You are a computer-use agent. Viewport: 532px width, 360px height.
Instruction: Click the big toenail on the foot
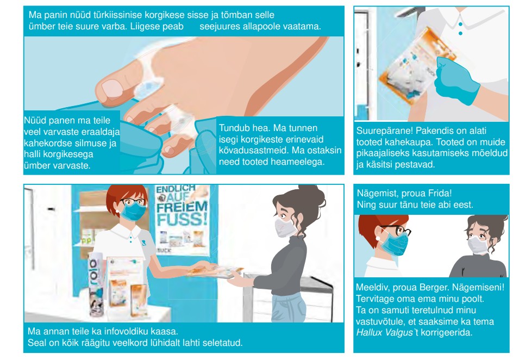tap(112, 89)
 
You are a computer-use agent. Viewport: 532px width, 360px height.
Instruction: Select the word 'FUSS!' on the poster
tap(182, 219)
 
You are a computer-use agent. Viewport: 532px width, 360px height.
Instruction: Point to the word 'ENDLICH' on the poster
tap(176, 189)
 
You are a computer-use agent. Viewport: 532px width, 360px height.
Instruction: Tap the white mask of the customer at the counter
tap(285, 227)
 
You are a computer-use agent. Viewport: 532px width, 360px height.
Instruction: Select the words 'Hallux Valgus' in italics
tap(384, 332)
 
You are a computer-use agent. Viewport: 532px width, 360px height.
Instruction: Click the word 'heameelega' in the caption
tap(298, 162)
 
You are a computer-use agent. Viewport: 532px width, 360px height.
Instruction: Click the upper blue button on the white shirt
tap(460, 24)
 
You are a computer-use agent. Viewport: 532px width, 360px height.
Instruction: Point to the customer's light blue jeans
tap(289, 308)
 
